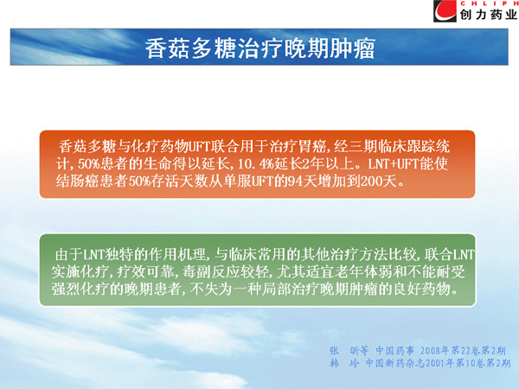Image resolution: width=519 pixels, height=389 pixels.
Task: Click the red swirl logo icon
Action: [x=445, y=11]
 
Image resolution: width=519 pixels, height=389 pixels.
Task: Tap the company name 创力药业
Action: [x=488, y=15]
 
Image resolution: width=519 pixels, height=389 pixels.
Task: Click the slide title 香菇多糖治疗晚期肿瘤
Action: [x=260, y=48]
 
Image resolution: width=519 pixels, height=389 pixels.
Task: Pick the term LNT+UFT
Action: [x=394, y=163]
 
